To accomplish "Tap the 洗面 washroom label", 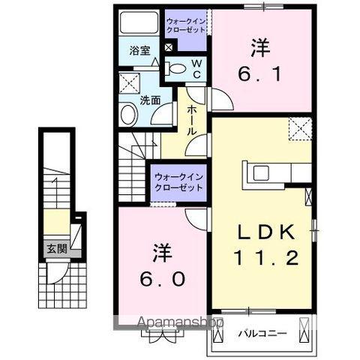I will click(149, 100).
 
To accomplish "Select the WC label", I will click(196, 69).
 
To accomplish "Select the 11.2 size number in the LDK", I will click(265, 259).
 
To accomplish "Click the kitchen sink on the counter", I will click(262, 173).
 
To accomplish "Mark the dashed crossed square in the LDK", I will click(301, 130).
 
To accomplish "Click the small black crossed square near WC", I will click(168, 47).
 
